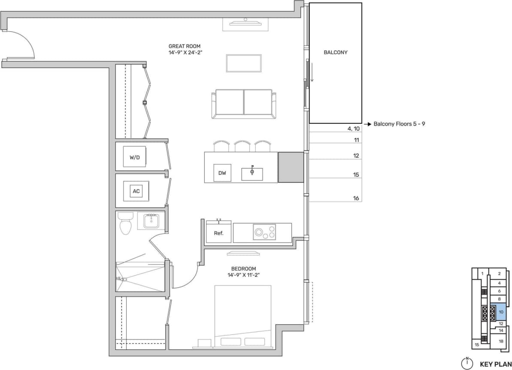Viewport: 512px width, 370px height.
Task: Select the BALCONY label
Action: tap(335, 52)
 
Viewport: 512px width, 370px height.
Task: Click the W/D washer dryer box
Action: tap(134, 157)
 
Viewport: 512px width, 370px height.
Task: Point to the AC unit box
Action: tap(136, 191)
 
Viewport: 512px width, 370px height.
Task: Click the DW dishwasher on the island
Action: tap(222, 173)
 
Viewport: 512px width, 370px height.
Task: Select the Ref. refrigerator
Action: tap(218, 233)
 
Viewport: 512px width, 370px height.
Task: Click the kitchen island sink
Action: tap(252, 173)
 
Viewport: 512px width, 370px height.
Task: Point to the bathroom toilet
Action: tap(125, 223)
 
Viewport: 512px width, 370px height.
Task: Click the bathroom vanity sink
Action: tap(151, 221)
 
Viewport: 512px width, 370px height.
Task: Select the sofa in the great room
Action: tap(244, 104)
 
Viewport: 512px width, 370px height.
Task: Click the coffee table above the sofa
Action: tap(243, 63)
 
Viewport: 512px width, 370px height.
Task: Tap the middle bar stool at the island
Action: tap(242, 146)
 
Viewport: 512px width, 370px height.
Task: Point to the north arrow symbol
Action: tap(467, 363)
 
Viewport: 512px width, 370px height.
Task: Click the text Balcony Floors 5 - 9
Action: tap(399, 124)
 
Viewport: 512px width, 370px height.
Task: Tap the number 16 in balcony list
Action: tap(356, 198)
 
